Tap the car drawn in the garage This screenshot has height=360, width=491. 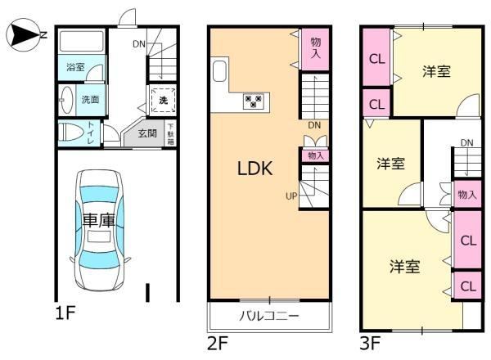pyautogui.click(x=99, y=230)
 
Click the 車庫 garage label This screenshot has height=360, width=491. pyautogui.click(x=99, y=220)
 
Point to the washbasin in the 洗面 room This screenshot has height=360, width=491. pyautogui.click(x=66, y=100)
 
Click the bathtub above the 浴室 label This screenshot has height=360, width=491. pyautogui.click(x=81, y=41)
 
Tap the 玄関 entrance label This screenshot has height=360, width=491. pyautogui.click(x=147, y=133)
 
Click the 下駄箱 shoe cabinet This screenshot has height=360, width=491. pyautogui.click(x=170, y=133)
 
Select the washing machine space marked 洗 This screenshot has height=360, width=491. pyautogui.click(x=163, y=100)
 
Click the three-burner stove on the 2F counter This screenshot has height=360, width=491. pyautogui.click(x=254, y=101)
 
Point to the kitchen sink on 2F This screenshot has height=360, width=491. pyautogui.click(x=219, y=71)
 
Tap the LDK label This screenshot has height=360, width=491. pyautogui.click(x=255, y=168)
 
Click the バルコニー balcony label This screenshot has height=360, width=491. pyautogui.click(x=269, y=316)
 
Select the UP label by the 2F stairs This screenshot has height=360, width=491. pyautogui.click(x=291, y=196)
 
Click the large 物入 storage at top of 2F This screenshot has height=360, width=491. pyautogui.click(x=315, y=49)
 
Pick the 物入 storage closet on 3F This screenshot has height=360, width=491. pyautogui.click(x=467, y=195)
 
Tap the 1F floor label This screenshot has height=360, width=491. pyautogui.click(x=65, y=313)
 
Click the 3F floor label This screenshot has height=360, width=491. pyautogui.click(x=370, y=343)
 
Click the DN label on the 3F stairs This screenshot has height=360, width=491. pyautogui.click(x=467, y=143)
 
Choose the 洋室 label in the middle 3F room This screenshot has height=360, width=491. pyautogui.click(x=390, y=164)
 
